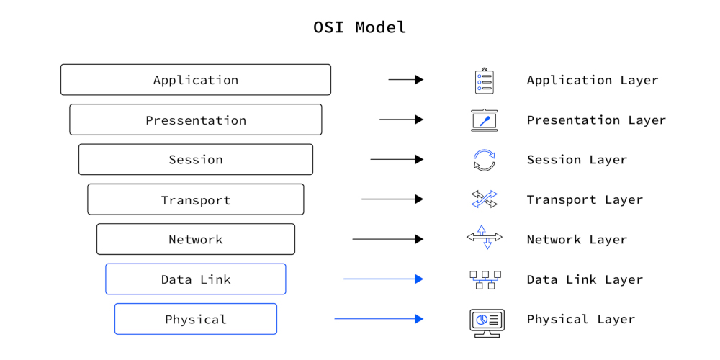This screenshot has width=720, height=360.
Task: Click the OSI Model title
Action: coord(359,27)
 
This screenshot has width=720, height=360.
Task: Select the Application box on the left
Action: coord(195,80)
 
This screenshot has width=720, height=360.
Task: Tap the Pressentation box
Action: coord(195,120)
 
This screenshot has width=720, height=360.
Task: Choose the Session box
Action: coord(195,160)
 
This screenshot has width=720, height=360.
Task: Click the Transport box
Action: coord(195,199)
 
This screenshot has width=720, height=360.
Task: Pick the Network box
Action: coord(195,239)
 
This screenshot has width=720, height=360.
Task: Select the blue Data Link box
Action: coord(195,279)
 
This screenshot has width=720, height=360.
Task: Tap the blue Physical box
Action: coord(195,319)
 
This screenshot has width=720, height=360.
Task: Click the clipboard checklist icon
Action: coord(484,81)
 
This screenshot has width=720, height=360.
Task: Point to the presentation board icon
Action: coord(484,120)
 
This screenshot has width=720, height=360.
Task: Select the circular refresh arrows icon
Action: coord(484,160)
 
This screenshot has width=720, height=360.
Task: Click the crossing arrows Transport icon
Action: coord(484,199)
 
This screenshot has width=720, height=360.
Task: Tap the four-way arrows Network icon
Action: coord(484,238)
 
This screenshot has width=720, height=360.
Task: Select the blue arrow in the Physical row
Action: coord(379,319)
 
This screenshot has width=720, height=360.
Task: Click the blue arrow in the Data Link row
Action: coord(383,279)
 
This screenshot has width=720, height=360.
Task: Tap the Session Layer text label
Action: coord(577,160)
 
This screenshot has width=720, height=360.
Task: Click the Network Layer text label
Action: coord(577,240)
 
